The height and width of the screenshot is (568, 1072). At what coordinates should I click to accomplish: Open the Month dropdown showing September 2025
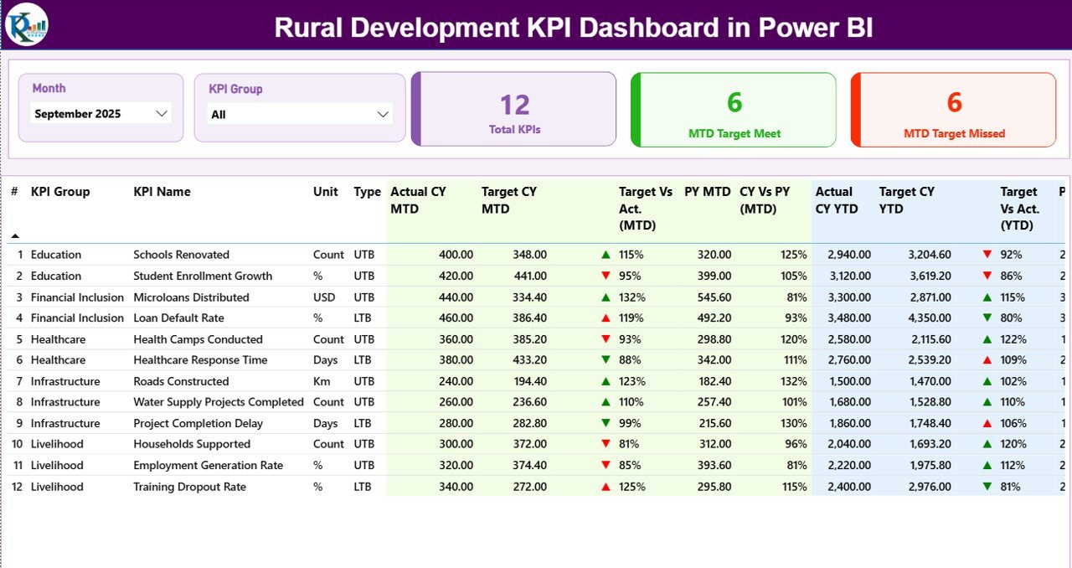[x=100, y=114]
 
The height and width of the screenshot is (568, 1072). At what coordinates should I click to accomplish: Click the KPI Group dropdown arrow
[x=383, y=114]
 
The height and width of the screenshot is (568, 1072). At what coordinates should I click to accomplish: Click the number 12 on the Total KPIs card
[x=515, y=105]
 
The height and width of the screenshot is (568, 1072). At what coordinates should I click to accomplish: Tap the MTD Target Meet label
[x=734, y=133]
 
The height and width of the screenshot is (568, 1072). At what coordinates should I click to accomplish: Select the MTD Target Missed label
[x=954, y=133]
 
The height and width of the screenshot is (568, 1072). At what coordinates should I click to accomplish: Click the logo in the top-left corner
[x=27, y=24]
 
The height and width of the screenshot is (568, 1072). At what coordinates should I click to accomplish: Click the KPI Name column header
[x=162, y=192]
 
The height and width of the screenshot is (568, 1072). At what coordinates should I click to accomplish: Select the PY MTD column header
[x=707, y=192]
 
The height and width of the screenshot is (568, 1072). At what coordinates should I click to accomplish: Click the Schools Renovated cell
[x=181, y=255]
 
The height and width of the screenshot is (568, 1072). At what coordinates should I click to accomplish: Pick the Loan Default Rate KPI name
[x=178, y=318]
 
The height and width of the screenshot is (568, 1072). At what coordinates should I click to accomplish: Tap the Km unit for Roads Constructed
[x=322, y=381]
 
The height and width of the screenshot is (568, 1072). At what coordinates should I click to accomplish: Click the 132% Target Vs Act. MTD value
[x=632, y=297]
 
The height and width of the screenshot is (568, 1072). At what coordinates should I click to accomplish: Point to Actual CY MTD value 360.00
[x=456, y=339]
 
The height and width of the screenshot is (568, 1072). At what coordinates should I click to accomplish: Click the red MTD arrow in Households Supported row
[x=606, y=444]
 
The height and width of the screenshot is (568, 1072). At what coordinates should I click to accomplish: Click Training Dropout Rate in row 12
[x=189, y=487]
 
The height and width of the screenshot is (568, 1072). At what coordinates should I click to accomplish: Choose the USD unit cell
[x=324, y=297]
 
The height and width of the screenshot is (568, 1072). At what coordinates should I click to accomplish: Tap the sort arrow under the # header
[x=14, y=236]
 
